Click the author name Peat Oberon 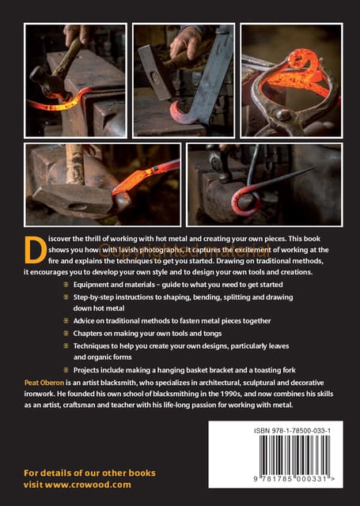click(44, 383)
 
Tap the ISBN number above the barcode click(292, 430)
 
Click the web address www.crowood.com click(88, 485)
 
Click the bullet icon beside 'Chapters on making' click(66, 333)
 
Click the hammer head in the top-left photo click(46, 78)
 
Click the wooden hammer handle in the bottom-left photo click(74, 164)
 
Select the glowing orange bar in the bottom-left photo click(146, 177)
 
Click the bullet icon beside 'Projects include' click(66, 370)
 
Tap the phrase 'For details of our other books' click(89, 473)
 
